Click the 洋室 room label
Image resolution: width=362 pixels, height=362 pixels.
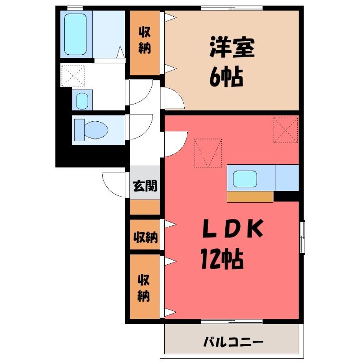click(x=232, y=48)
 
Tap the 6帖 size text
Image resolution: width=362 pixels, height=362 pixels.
click(x=226, y=76)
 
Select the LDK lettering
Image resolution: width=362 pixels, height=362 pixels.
click(x=233, y=229)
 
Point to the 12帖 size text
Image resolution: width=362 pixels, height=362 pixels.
click(x=222, y=258)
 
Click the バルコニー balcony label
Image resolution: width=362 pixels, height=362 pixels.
click(x=233, y=342)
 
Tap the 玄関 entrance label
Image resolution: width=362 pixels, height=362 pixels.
click(x=145, y=186)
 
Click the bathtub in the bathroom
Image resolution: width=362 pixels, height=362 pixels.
click(x=76, y=34)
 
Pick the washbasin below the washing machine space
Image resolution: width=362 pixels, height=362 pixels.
click(x=82, y=101)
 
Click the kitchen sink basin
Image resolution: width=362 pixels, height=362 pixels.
click(x=245, y=179)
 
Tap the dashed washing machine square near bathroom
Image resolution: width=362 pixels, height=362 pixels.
click(x=73, y=76)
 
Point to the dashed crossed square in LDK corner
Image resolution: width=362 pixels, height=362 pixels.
click(x=286, y=130)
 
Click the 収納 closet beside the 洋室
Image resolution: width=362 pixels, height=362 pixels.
click(x=145, y=43)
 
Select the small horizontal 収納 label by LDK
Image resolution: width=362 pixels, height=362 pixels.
click(x=146, y=237)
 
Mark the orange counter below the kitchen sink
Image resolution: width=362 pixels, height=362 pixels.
click(x=250, y=197)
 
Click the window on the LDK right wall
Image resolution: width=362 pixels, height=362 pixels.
click(x=302, y=237)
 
